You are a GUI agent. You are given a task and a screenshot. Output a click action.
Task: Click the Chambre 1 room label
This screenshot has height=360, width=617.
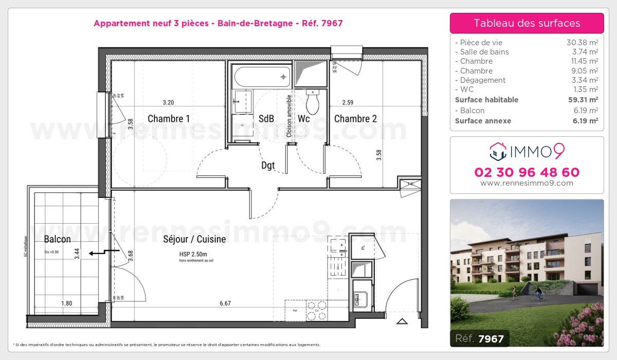click(169, 119)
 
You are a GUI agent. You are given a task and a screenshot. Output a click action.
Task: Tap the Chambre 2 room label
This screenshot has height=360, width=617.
click(355, 119)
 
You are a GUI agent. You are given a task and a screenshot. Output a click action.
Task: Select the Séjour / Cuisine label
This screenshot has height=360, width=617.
click(194, 239)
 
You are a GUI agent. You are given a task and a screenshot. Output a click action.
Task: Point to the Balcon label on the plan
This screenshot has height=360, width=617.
click(57, 239)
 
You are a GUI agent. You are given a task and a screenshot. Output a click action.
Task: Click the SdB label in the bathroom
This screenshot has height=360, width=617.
click(266, 119)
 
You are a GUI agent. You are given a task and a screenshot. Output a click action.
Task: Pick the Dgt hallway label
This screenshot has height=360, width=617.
click(268, 166)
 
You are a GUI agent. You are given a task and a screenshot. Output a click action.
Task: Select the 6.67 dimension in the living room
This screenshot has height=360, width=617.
click(225, 303)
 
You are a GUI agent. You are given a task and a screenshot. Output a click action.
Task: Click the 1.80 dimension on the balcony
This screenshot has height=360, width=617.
click(66, 303)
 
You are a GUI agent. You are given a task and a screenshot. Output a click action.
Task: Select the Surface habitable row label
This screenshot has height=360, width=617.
click(486, 100)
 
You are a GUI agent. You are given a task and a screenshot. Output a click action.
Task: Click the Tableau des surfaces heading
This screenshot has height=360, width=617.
click(527, 23)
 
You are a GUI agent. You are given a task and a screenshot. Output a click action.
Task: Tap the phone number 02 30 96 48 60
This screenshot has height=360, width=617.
click(527, 172)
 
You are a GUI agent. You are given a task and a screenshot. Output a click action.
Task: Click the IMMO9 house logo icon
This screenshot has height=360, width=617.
click(497, 151)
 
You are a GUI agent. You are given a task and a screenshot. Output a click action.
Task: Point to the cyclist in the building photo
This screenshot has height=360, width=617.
click(538, 293)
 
